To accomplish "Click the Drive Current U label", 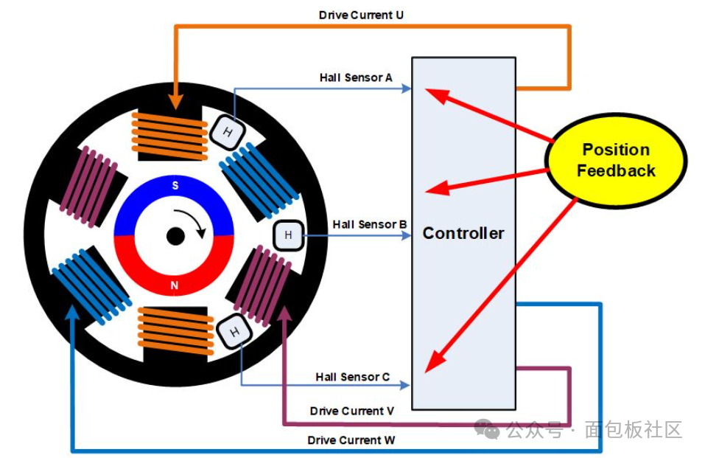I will tap(361, 15).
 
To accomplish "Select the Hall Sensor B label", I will tap(370, 224).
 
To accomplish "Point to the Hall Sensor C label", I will tap(352, 377).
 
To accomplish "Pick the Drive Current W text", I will tap(351, 440).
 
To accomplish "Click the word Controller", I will tap(463, 234).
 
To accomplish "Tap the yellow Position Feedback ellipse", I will tap(616, 160).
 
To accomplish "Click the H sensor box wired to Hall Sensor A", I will tap(228, 132).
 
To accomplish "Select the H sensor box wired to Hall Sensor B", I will tap(288, 236).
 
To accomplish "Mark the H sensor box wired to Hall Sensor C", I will tap(235, 332).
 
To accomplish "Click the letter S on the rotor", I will tap(175, 186).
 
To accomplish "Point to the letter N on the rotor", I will tap(175, 285).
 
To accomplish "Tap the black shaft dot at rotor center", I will tap(175, 237).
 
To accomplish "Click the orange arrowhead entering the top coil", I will tap(176, 102).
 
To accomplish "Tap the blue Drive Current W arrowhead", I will tap(71, 314).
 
